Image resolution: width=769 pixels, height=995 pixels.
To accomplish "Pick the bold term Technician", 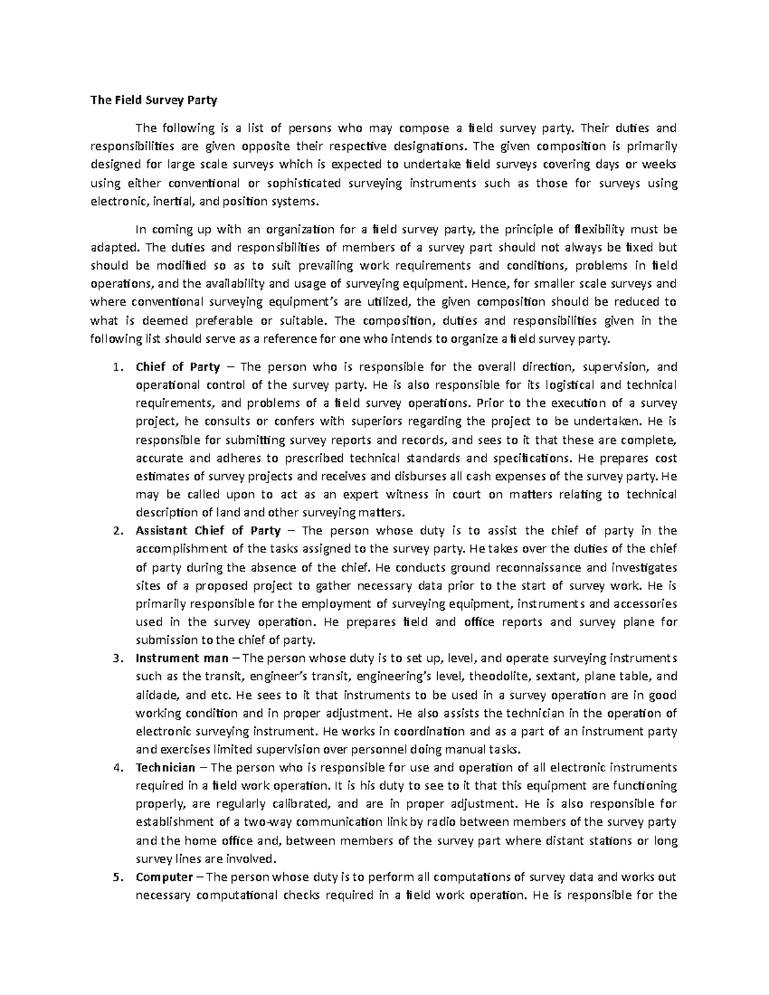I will [165, 768].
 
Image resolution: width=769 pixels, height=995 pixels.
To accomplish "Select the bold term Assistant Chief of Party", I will [208, 530].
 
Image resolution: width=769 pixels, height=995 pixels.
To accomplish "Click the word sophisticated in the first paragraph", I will [306, 183].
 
